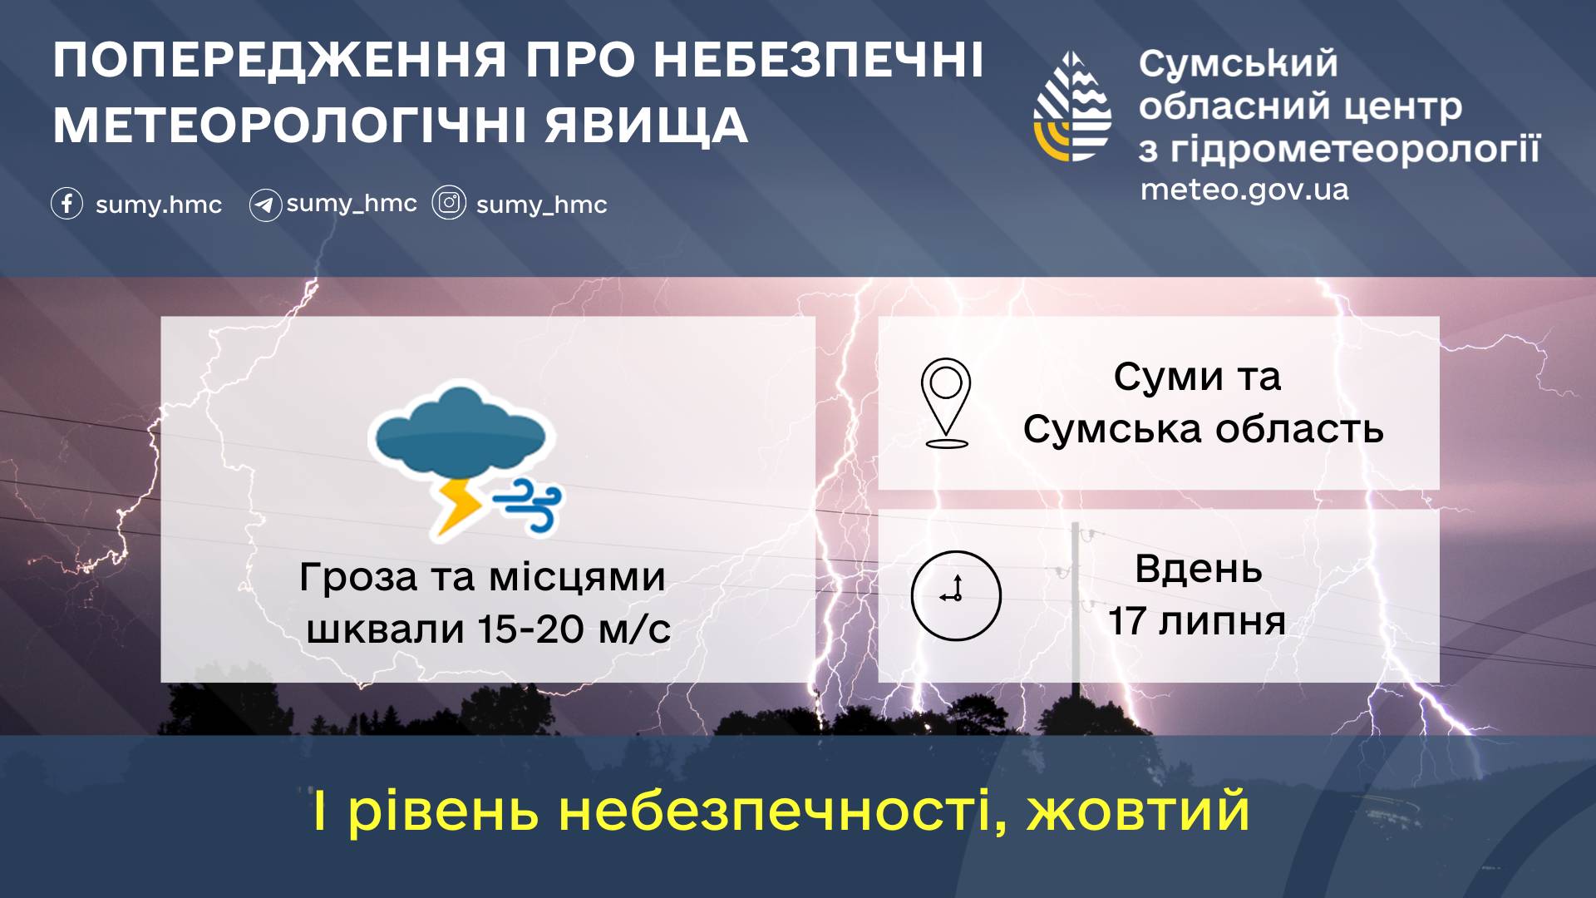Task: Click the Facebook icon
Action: (66, 204)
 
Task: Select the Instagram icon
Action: (449, 203)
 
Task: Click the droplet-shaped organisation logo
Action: (1072, 106)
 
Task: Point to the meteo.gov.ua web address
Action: (1244, 190)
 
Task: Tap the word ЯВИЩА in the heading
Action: (647, 126)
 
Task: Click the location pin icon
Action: (946, 403)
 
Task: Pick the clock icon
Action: (956, 595)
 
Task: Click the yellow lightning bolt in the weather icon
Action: (457, 506)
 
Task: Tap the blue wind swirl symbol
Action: (527, 503)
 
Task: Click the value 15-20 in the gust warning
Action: (531, 629)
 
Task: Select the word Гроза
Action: (358, 578)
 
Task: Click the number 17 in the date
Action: (1127, 621)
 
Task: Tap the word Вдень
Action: (1199, 570)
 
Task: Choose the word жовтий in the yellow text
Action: (1138, 812)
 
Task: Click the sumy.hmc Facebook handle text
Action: (159, 205)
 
